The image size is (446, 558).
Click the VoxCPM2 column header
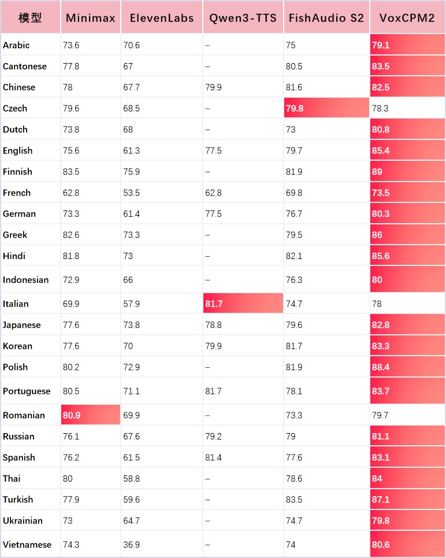407,17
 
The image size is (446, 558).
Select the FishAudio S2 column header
326,17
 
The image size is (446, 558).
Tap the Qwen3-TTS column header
243,17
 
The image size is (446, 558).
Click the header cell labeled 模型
30,17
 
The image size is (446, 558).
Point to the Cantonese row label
24,66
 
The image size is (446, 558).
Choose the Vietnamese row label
27,545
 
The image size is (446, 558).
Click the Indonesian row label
25,280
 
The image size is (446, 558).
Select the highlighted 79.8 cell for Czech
326,108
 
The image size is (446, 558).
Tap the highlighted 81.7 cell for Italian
243,304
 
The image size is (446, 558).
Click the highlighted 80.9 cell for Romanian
90,415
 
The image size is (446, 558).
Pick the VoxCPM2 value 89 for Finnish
407,172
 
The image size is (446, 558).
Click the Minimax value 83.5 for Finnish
72,172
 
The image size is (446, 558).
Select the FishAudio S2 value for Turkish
295,500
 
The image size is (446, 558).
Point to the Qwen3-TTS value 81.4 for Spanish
213,457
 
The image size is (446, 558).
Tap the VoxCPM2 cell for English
407,150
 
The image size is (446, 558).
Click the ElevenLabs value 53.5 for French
132,193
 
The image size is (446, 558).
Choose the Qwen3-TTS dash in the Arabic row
207,45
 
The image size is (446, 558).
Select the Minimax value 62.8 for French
72,193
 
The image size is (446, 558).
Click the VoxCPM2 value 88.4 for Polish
407,367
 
